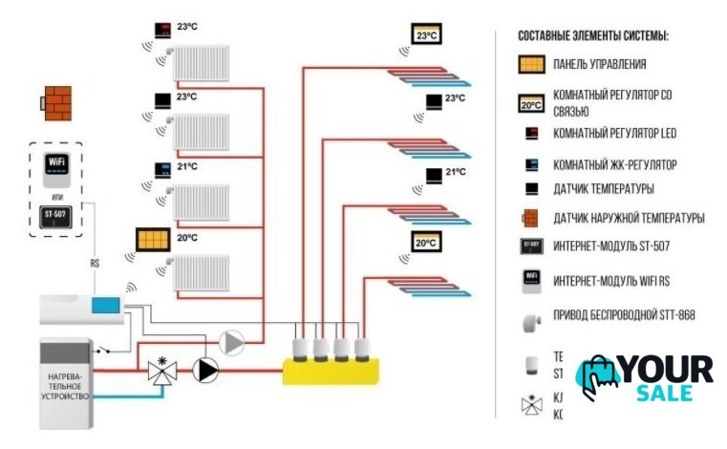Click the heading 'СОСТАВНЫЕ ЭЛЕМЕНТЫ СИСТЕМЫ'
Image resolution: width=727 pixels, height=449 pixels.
[x=592, y=35]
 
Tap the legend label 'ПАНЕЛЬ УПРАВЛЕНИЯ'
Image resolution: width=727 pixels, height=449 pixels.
[x=599, y=65]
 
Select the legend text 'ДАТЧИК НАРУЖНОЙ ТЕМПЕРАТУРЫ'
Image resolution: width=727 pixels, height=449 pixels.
[x=629, y=218]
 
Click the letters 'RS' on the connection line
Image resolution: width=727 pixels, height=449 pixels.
[x=95, y=264]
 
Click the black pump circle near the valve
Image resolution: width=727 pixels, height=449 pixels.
[x=204, y=370]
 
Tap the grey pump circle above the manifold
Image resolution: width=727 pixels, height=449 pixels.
[x=231, y=342]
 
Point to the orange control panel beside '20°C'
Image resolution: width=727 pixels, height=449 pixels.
[x=153, y=238]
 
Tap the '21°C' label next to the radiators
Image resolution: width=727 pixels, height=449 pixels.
[x=187, y=167]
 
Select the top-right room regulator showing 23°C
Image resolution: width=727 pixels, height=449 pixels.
[x=425, y=35]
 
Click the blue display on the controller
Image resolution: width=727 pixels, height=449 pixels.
[x=104, y=306]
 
